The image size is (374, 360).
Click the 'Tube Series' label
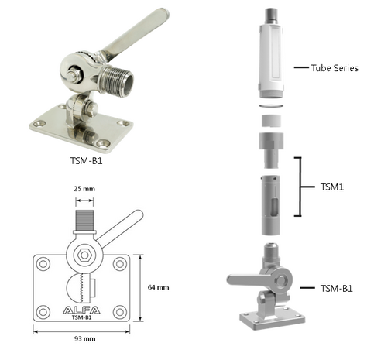point(335,68)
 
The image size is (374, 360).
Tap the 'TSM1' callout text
point(332,187)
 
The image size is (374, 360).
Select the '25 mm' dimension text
point(84,189)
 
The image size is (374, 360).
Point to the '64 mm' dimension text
point(158,287)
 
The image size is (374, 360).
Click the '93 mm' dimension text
point(85,339)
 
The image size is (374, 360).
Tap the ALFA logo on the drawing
point(81,310)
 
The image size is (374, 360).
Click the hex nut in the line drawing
point(84,255)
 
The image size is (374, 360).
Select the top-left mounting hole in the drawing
point(43,264)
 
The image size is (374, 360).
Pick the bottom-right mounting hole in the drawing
point(120,312)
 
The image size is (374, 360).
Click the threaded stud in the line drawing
point(84,220)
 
